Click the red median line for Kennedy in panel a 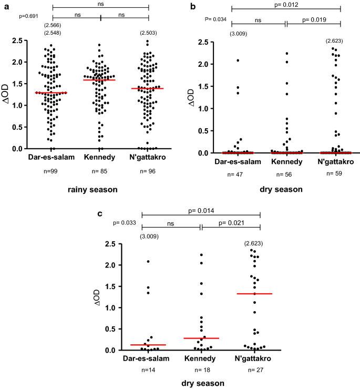click(x=99, y=80)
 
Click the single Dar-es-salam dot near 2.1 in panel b click(x=238, y=61)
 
